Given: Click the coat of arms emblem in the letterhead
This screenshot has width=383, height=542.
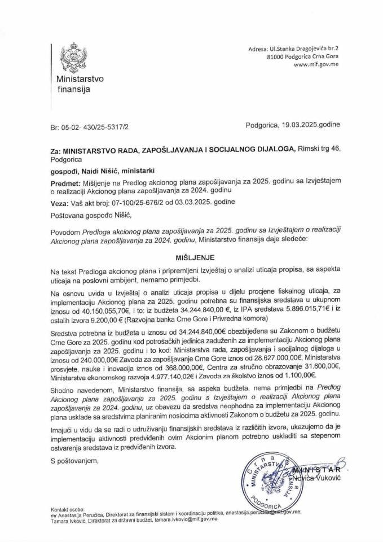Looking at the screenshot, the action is tap(73, 56).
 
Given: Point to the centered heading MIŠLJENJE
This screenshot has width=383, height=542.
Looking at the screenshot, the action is tap(191, 255).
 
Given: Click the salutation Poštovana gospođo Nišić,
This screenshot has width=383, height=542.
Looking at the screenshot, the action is tap(88, 213).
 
